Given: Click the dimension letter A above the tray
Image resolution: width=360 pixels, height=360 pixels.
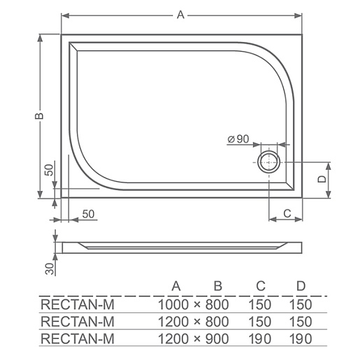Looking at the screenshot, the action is [x=180, y=15].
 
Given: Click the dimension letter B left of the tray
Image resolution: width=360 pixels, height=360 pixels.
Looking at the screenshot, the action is [x=39, y=116].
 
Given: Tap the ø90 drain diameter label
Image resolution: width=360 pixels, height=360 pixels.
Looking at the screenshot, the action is [x=238, y=139].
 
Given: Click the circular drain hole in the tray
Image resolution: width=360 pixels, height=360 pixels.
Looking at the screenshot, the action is [x=268, y=162].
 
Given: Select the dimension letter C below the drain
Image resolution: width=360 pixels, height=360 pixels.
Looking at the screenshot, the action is [x=287, y=213].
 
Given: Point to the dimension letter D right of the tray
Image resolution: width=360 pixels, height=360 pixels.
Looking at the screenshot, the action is [x=322, y=179].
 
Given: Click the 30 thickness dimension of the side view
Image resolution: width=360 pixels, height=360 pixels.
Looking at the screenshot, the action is [x=50, y=269].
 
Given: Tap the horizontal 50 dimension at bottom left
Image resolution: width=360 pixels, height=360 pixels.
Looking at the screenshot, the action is [x=88, y=214].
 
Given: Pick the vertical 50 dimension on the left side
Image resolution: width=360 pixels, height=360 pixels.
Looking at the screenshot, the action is [x=49, y=170].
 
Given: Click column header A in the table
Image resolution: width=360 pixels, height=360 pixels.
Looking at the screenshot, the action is [x=176, y=286].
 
